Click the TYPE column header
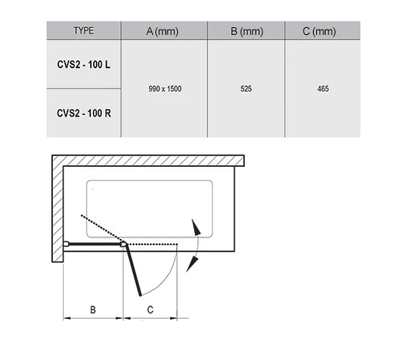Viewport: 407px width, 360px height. click(x=83, y=31)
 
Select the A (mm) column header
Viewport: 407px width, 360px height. click(x=162, y=32)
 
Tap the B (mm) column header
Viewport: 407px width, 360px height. click(x=247, y=32)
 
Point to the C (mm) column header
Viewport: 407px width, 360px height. click(x=319, y=32)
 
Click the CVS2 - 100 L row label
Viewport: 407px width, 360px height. click(x=83, y=65)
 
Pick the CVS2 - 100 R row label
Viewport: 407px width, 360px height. click(x=84, y=113)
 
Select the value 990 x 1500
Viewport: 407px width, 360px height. click(x=165, y=88)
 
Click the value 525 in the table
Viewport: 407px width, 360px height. click(x=246, y=88)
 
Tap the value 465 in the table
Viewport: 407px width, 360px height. click(x=323, y=88)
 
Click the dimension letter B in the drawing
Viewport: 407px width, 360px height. click(x=93, y=310)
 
